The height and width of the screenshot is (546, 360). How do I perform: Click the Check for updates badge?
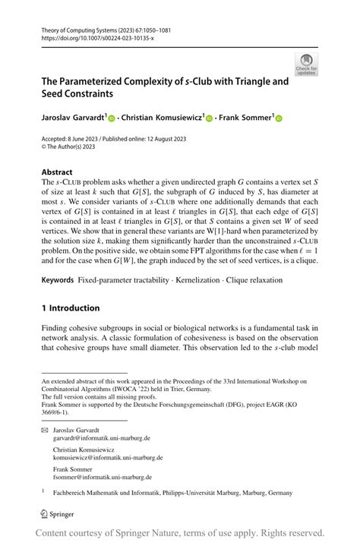pyautogui.click(x=306, y=65)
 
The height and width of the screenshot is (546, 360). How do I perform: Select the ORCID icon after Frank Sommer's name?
pyautogui.click(x=279, y=118)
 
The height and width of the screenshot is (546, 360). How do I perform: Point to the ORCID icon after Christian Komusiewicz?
pyautogui.click(x=210, y=118)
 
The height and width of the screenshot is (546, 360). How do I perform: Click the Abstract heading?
pyautogui.click(x=58, y=172)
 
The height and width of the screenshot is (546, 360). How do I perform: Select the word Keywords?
pyautogui.click(x=58, y=280)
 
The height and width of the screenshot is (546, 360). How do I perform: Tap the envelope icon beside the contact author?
pyautogui.click(x=44, y=430)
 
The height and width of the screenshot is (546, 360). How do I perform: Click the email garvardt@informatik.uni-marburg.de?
pyautogui.click(x=101, y=438)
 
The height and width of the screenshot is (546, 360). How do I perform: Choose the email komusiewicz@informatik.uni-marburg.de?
pyautogui.click(x=107, y=458)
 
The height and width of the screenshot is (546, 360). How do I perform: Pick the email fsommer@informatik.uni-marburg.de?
pyautogui.click(x=102, y=478)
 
